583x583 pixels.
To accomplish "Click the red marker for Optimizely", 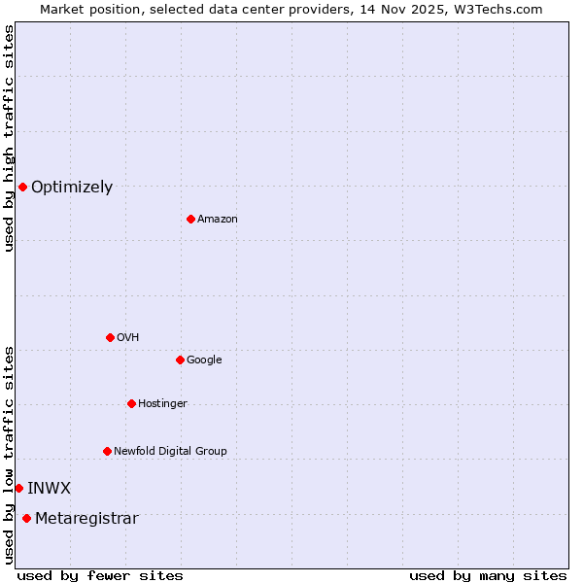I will (x=22, y=187).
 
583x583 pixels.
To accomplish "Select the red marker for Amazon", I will (x=190, y=219).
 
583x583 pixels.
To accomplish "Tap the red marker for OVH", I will (x=110, y=337).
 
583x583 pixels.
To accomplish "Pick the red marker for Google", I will (x=180, y=360).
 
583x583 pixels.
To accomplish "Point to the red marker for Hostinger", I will (x=131, y=403).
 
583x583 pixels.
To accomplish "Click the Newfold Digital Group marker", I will (x=107, y=451).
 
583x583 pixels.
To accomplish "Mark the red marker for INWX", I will (x=18, y=488).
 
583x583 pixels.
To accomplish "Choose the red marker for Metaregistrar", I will (x=26, y=518).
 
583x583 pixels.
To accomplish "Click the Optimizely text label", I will (x=72, y=188).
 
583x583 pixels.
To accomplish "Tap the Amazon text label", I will (x=218, y=220).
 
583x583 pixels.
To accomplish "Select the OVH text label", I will (x=127, y=338).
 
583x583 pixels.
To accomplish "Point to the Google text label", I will (x=204, y=360).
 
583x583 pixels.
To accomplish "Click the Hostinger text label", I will (x=162, y=404).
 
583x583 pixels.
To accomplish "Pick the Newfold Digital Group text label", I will (x=170, y=452).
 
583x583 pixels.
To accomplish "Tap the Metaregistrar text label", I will (x=86, y=519).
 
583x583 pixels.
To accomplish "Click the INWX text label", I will (x=49, y=489).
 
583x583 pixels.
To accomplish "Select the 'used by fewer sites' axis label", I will (x=100, y=575).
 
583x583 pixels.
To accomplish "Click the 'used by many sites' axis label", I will (x=488, y=575).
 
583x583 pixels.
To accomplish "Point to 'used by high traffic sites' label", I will (x=9, y=138).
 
